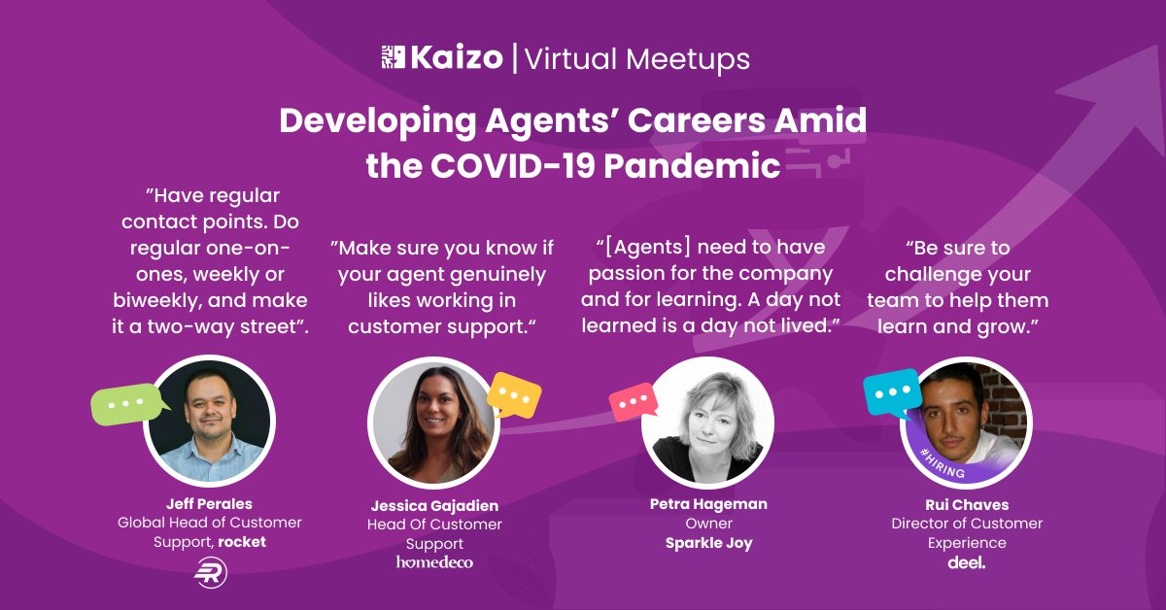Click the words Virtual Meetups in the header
(637, 59)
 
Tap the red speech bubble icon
(633, 400)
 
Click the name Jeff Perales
(210, 503)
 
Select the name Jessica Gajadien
(434, 505)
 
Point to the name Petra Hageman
(708, 503)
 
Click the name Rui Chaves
(966, 504)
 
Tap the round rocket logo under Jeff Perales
(210, 573)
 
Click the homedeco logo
(434, 562)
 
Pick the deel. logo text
(966, 562)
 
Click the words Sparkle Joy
(708, 542)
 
